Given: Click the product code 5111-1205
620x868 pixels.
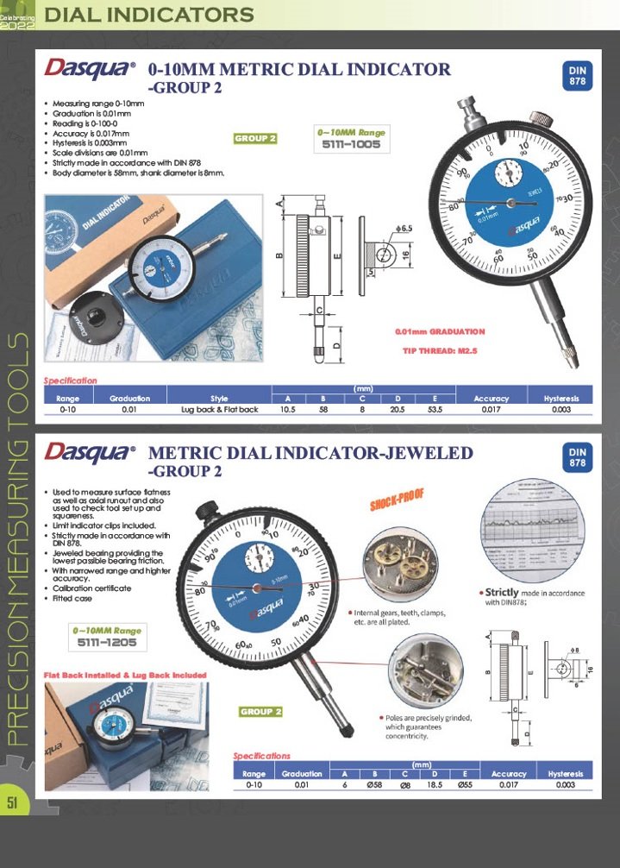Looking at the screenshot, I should [x=107, y=642].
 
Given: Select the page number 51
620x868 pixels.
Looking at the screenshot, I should [x=13, y=802].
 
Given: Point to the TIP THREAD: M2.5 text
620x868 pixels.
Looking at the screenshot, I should [x=441, y=351].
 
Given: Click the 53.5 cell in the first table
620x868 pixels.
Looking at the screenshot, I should [x=435, y=410].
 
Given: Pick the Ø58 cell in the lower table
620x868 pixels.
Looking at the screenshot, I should [x=374, y=785].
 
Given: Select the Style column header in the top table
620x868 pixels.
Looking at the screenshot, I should [x=219, y=399].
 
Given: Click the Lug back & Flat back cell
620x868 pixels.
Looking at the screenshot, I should [x=219, y=410].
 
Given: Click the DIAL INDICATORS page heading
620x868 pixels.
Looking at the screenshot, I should [x=148, y=15].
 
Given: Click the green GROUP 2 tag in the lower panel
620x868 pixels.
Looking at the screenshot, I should [x=261, y=712].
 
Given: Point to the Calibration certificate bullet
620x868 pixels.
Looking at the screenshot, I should [x=92, y=588].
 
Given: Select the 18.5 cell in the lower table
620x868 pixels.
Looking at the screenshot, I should [x=435, y=785].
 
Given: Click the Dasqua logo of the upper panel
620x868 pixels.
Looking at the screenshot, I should [x=91, y=67].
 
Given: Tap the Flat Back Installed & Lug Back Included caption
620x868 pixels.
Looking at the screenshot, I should [x=125, y=675].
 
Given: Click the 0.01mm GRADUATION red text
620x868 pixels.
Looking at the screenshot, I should [x=440, y=331].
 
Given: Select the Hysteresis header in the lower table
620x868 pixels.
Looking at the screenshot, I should [x=566, y=774].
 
